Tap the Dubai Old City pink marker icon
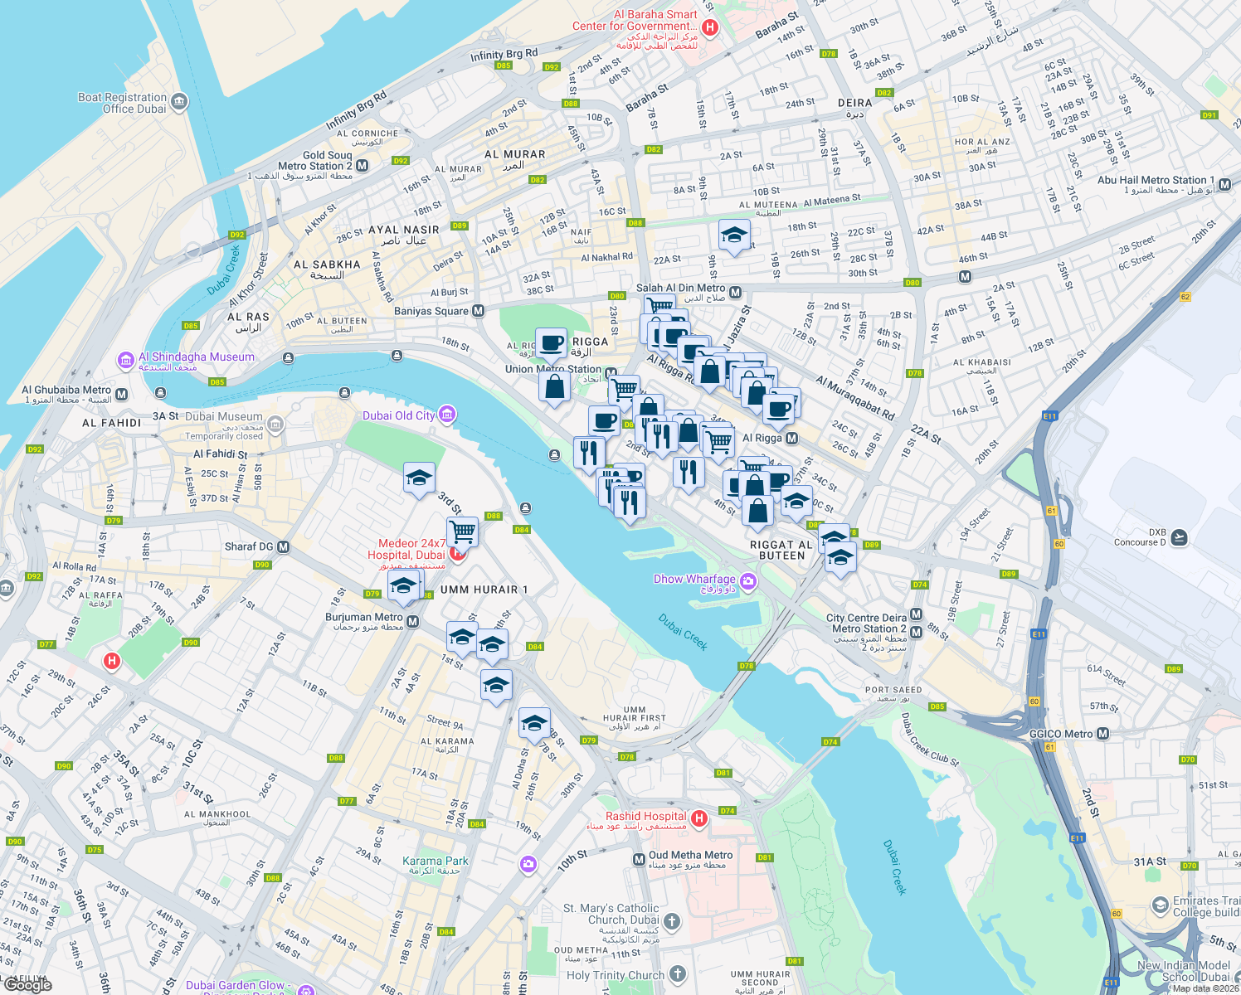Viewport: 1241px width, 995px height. pos(447,415)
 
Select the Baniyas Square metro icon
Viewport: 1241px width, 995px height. pos(478,311)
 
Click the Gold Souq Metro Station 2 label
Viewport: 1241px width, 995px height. pos(303,165)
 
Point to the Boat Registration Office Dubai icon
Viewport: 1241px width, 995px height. pos(179,102)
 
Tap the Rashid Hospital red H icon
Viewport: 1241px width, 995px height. pos(699,819)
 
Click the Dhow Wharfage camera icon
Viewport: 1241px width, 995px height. pos(749,581)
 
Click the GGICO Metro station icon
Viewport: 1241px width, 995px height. pos(1102,734)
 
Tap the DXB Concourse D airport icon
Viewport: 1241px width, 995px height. pos(1179,537)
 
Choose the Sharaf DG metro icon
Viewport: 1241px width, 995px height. pos(284,546)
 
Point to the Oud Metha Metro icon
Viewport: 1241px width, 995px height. pos(639,859)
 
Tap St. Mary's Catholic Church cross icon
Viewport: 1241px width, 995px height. pos(672,921)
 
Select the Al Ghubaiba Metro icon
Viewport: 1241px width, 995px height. pos(122,394)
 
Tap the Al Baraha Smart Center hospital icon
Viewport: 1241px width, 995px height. pos(709,27)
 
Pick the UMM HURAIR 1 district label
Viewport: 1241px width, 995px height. pos(484,590)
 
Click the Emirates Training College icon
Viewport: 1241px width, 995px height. pos(1161,905)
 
